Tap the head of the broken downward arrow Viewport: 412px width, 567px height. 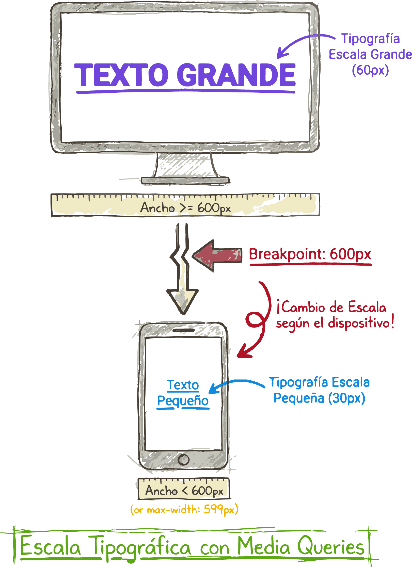182,301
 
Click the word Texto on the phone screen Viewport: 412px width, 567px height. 183,385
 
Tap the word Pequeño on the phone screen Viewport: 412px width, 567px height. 183,401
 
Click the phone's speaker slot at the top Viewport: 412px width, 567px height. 183,330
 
